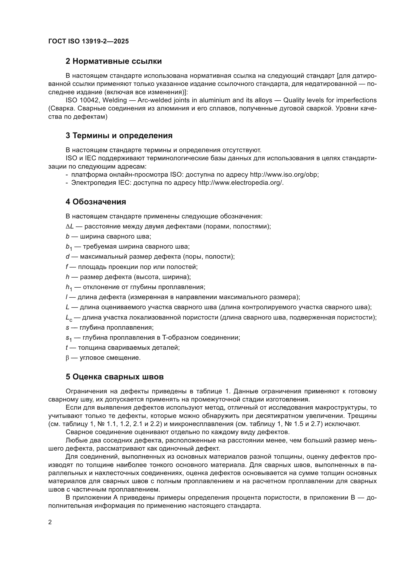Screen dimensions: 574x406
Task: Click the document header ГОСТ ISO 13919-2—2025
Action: coord(89,41)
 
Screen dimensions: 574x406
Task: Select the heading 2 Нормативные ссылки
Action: coord(113,61)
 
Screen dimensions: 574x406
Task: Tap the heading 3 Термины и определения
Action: coord(119,135)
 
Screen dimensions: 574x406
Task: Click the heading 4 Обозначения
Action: coord(96,202)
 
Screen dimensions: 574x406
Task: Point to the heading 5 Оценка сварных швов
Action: coord(114,377)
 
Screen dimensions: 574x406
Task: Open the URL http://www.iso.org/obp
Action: coord(284,174)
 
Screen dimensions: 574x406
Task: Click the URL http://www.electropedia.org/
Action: coord(241,183)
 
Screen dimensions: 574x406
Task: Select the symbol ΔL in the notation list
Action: coord(70,227)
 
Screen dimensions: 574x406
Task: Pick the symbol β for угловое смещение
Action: coord(67,358)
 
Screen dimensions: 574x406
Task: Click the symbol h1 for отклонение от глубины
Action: coord(69,288)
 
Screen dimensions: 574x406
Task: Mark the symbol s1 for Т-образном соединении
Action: coord(68,338)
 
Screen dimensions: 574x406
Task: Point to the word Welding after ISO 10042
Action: coord(114,100)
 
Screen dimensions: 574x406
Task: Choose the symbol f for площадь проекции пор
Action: coord(67,267)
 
